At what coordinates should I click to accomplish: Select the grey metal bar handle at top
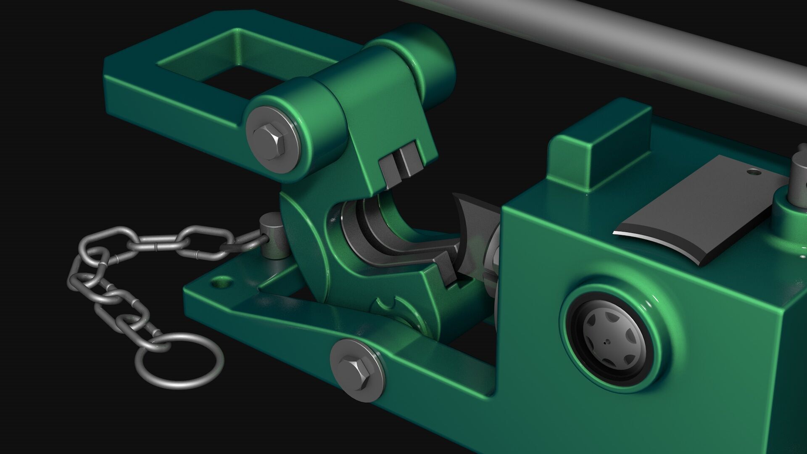click(x=630, y=42)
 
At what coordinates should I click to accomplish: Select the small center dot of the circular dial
click(x=605, y=342)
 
